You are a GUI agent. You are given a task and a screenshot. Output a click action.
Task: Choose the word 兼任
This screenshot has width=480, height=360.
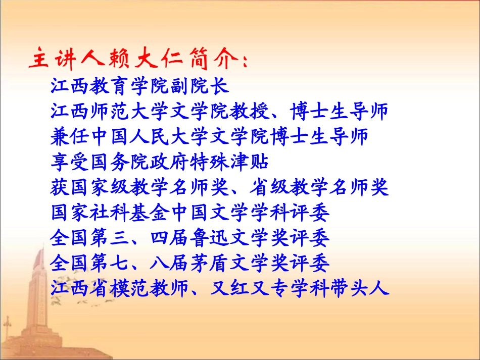pos(68,137)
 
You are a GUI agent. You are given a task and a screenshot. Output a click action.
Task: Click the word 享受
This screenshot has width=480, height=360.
pos(68,163)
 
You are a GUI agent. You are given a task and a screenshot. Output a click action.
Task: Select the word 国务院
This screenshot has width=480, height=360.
pos(119,163)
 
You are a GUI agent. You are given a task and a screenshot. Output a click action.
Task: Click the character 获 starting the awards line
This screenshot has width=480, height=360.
pos(60,188)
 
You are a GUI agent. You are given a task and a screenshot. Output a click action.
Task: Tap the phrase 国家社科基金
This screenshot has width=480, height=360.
pos(102,214)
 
